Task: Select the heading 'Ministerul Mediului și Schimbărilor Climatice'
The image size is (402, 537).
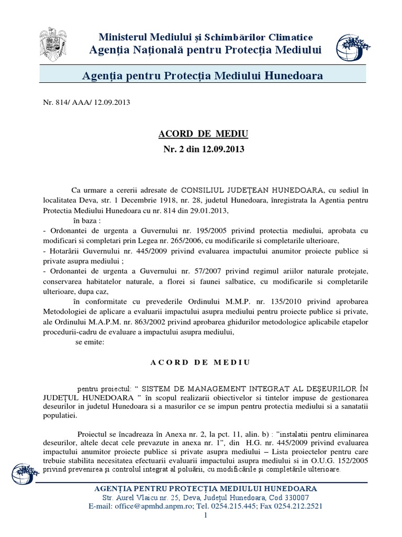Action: pos(206,37)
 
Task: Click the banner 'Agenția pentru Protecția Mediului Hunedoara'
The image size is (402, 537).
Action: pos(203,76)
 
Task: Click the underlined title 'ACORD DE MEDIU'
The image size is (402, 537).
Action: pos(203,134)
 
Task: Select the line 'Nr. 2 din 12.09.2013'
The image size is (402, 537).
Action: pos(203,149)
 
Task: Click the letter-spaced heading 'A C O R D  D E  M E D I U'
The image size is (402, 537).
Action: pos(200,362)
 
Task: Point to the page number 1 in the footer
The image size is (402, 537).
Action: pos(206,516)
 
